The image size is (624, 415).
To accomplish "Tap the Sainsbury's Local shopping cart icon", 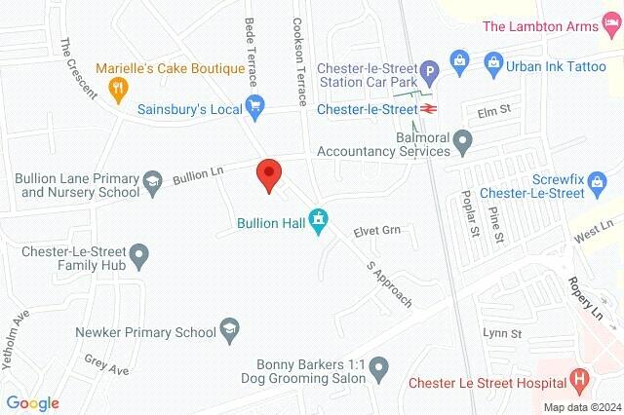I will coord(255,106).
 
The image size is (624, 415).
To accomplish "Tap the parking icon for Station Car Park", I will coord(427,71).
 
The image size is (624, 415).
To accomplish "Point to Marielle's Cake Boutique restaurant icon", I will coord(117,89).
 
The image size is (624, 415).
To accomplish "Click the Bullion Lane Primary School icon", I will coord(152,179).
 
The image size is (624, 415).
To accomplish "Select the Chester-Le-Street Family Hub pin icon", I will coord(140,256).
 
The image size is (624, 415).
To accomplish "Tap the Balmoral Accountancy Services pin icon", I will coord(465,145).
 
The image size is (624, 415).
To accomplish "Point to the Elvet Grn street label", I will coord(377,231).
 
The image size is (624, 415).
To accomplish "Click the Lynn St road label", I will coord(503,333).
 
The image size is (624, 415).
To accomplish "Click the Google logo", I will coord(32,403).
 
